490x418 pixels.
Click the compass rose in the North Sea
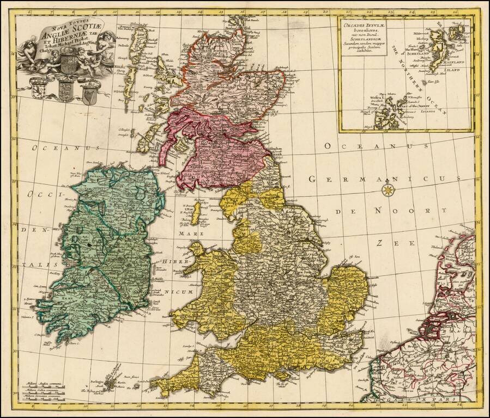(388, 190)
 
